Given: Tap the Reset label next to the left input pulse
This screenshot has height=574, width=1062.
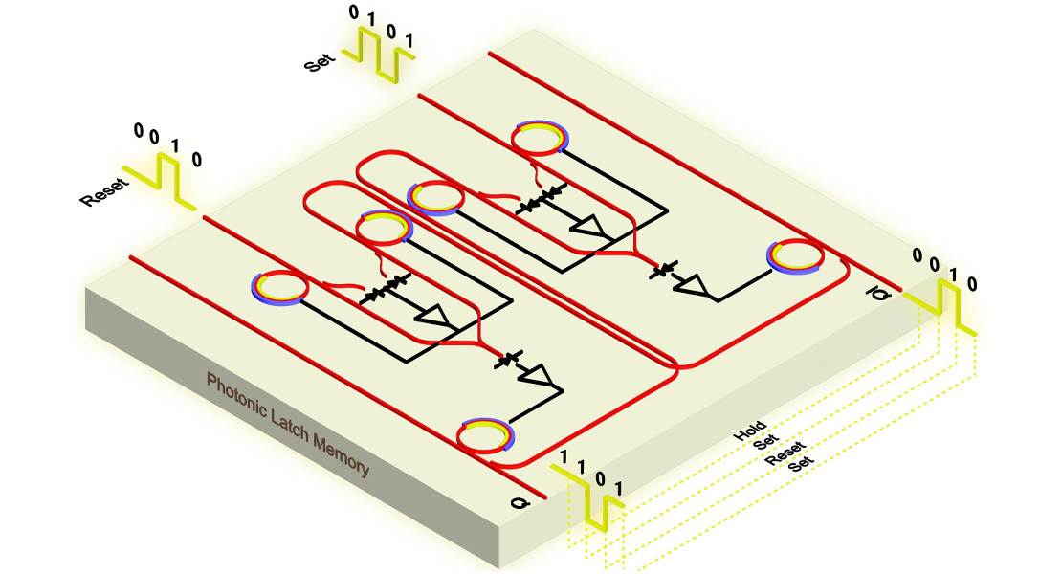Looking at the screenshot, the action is click(103, 191).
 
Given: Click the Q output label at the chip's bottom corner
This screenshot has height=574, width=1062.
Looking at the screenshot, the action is click(520, 503).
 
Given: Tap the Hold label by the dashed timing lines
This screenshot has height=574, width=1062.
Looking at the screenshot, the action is click(750, 430).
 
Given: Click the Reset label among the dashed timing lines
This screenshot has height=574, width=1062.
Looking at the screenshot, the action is click(785, 453).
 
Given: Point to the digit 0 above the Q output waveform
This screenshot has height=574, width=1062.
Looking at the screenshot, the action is click(599, 478).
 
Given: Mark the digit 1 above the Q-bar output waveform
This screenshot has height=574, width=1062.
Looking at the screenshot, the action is click(954, 275).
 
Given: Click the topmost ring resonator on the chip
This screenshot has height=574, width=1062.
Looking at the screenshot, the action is click(539, 140).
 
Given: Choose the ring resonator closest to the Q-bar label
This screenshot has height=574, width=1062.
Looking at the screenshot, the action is click(795, 257).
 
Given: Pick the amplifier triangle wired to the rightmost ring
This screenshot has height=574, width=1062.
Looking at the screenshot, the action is click(695, 285).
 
